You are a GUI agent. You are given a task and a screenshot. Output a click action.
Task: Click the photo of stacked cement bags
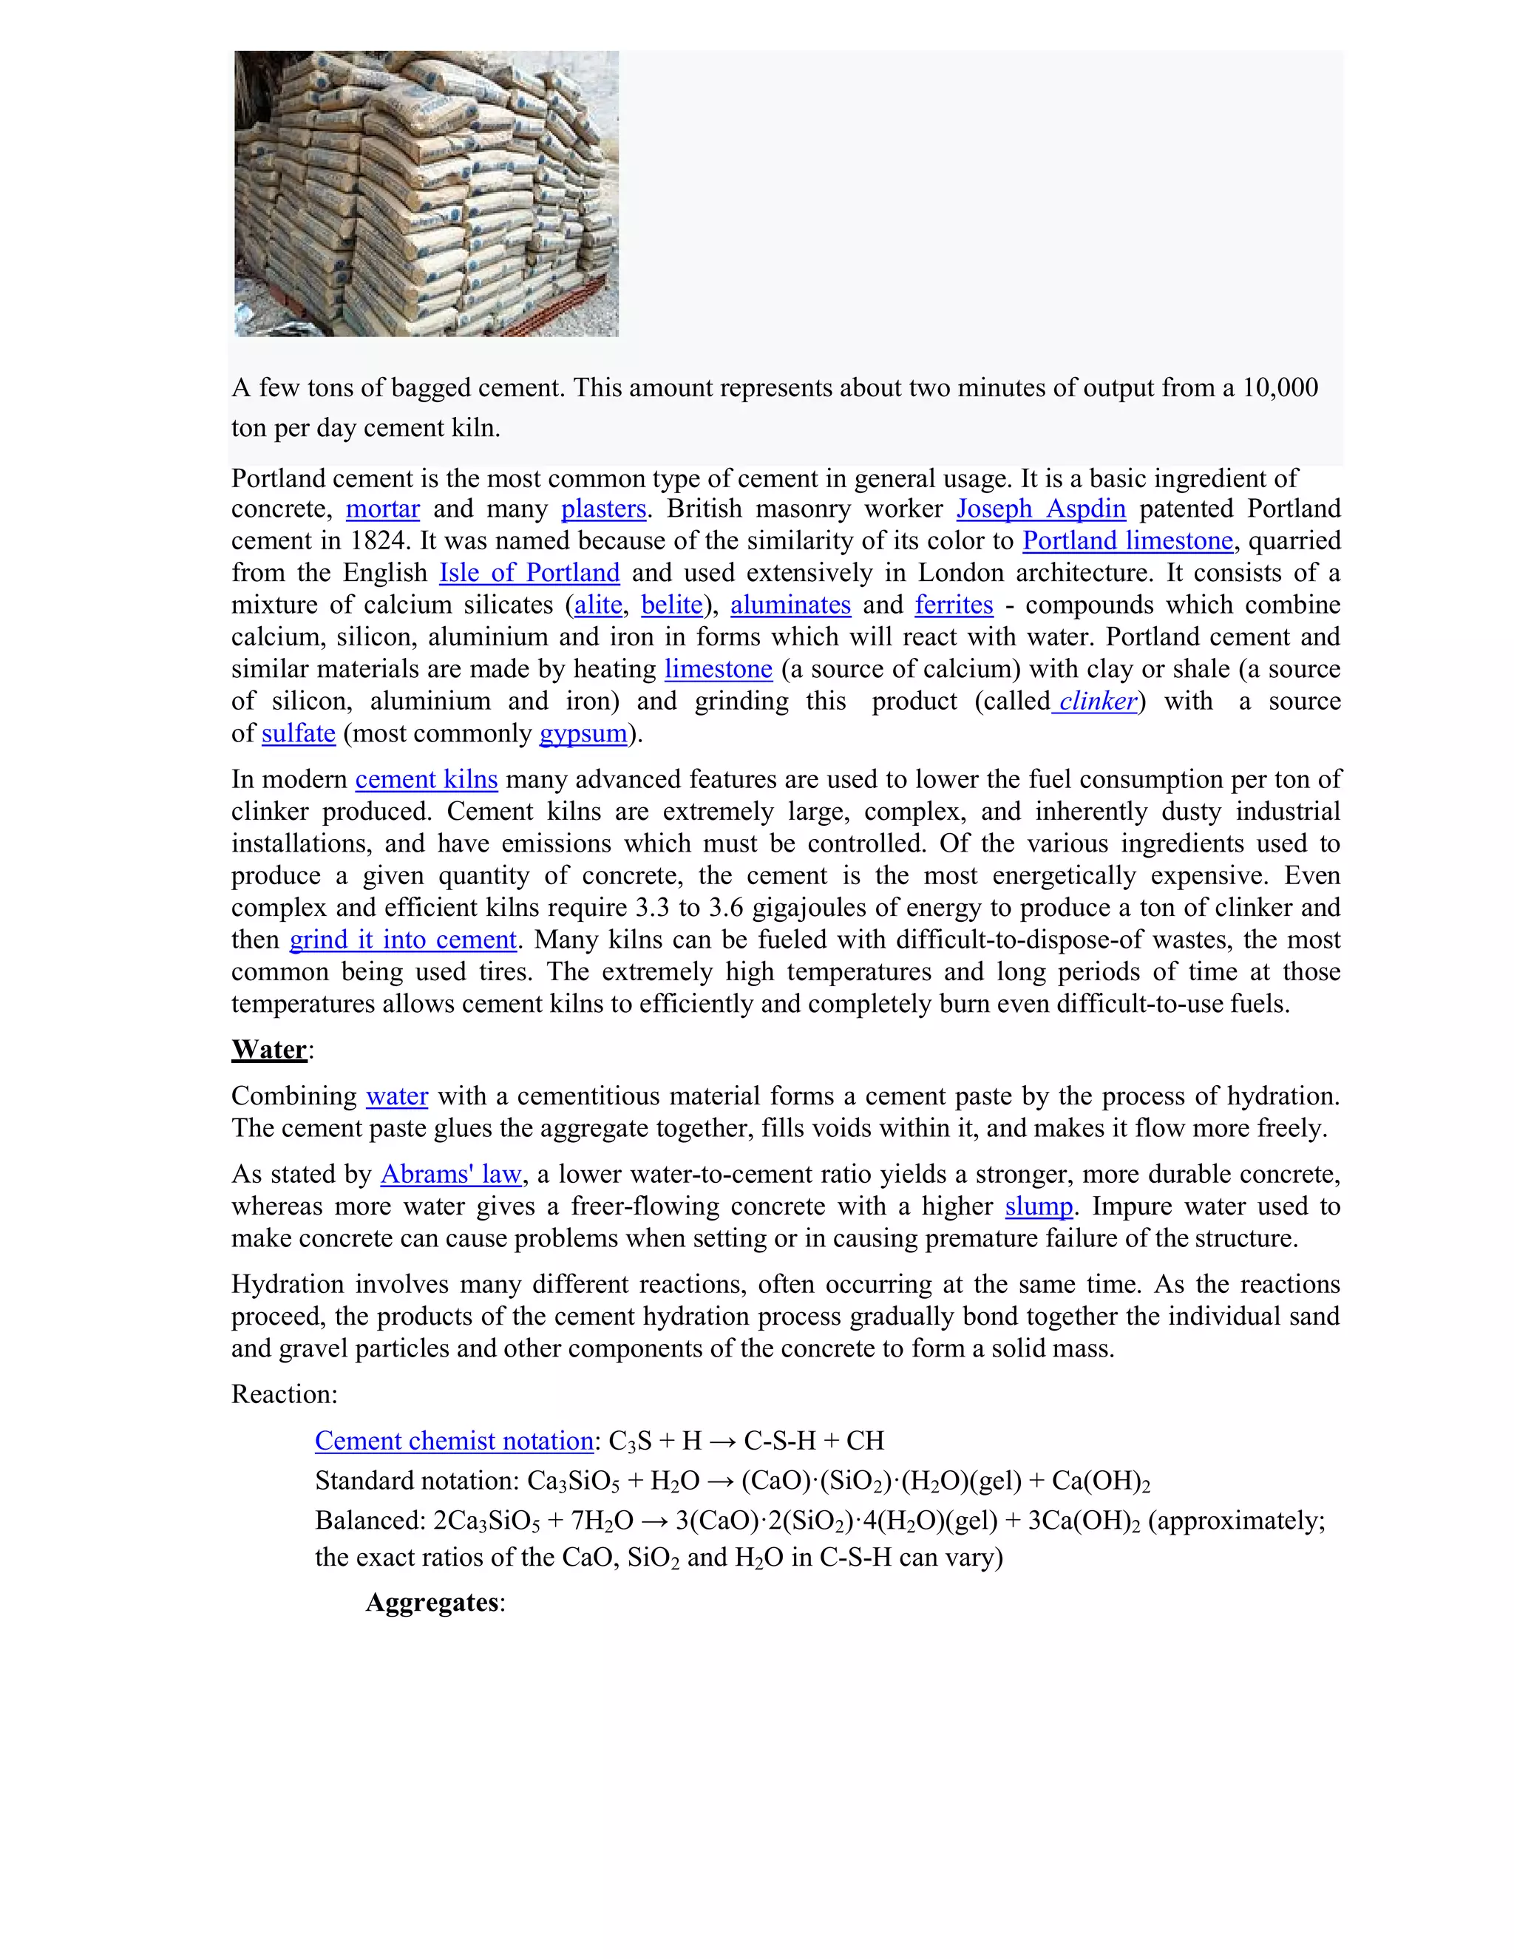[426, 194]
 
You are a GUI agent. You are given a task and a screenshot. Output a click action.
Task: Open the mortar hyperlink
[382, 509]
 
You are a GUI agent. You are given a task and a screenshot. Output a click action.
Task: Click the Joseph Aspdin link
[1040, 509]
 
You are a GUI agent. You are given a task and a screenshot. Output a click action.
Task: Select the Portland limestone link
[1127, 541]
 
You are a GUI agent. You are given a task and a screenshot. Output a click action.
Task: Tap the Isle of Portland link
[529, 573]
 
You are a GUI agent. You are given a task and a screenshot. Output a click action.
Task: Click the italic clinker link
[1097, 702]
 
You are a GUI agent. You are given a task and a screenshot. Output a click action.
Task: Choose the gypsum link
[583, 734]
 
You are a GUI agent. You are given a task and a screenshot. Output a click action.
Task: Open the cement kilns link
[426, 779]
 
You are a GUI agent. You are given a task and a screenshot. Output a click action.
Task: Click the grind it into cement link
[403, 940]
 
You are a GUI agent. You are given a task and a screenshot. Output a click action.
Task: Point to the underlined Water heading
[269, 1050]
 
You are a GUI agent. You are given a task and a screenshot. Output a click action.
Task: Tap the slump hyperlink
[1039, 1206]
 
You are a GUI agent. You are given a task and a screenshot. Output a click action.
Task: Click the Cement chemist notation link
[454, 1441]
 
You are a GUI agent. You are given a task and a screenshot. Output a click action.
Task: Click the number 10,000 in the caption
[1279, 387]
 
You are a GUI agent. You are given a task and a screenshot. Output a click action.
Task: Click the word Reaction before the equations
[282, 1394]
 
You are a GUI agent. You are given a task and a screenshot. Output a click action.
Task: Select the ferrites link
[954, 605]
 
